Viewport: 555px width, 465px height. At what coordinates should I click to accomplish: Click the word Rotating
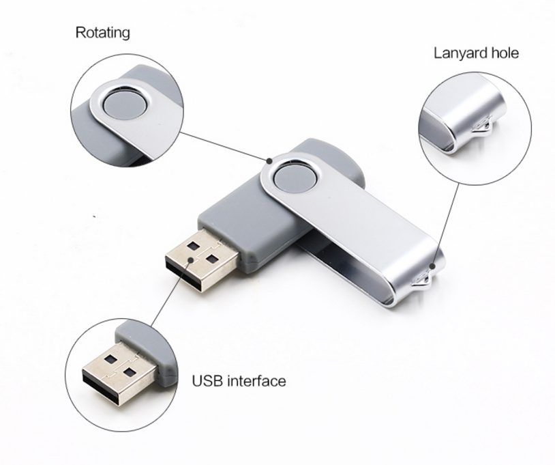[x=102, y=32]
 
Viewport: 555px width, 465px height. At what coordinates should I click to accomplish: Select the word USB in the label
[x=207, y=380]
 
